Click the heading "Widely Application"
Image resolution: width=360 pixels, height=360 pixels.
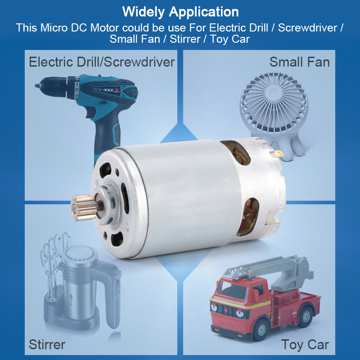[x=180, y=12]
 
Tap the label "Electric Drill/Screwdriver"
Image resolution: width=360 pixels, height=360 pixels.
[x=102, y=62]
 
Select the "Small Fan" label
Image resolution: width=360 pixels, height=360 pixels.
[x=299, y=62]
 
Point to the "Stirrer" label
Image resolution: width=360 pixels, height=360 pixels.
[x=47, y=344]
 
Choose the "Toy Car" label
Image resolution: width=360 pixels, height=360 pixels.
[x=305, y=345]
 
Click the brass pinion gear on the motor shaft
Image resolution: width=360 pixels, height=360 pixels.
[x=84, y=208]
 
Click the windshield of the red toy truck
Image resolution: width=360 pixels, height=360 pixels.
[x=231, y=290]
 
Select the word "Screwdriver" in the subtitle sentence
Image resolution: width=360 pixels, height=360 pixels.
[x=308, y=28]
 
